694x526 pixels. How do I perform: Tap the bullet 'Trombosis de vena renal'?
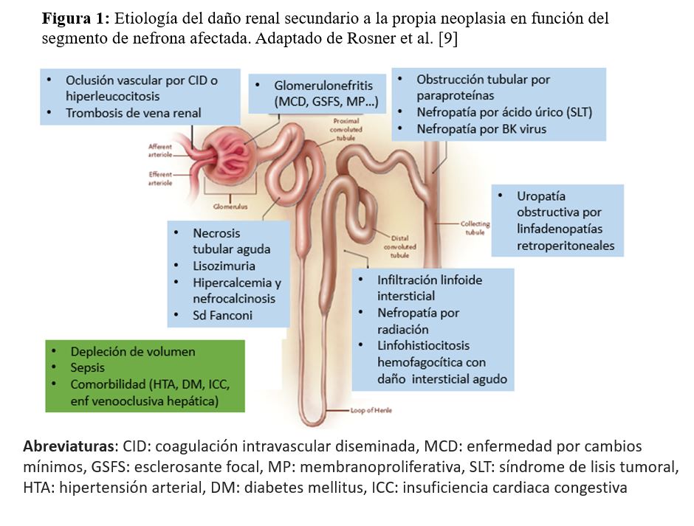[x=133, y=113]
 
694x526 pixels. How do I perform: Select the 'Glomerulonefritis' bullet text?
[x=319, y=86]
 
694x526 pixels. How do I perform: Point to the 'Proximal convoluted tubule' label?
[x=347, y=128]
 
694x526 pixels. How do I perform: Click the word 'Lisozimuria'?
[x=224, y=265]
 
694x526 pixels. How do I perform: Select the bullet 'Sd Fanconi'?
[x=222, y=315]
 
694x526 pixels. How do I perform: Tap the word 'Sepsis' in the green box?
[x=87, y=367]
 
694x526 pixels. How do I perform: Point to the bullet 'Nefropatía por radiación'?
[x=418, y=321]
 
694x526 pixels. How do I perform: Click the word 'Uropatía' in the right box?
[x=541, y=196]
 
